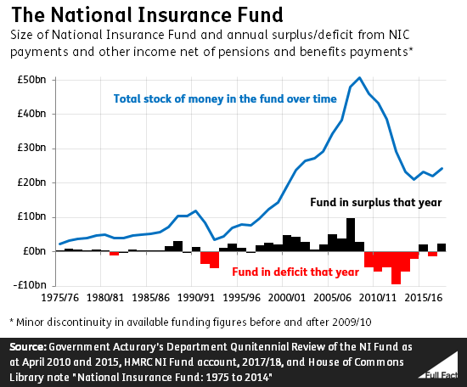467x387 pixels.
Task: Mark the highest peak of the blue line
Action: point(360,78)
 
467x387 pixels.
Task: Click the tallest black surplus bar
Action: point(351,235)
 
